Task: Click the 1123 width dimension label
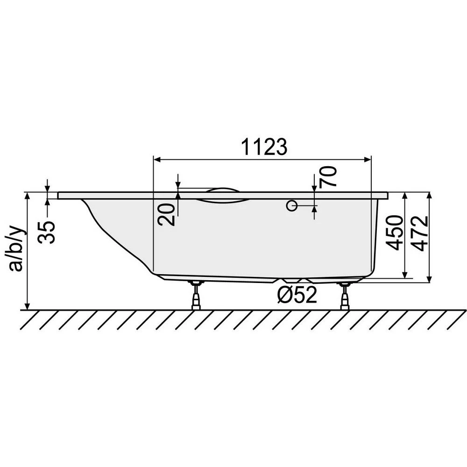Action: [264, 147]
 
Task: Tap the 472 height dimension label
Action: [421, 233]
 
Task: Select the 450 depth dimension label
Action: [395, 233]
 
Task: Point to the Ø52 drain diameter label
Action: [297, 295]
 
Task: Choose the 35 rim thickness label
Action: [48, 233]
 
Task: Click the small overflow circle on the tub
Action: [291, 205]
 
